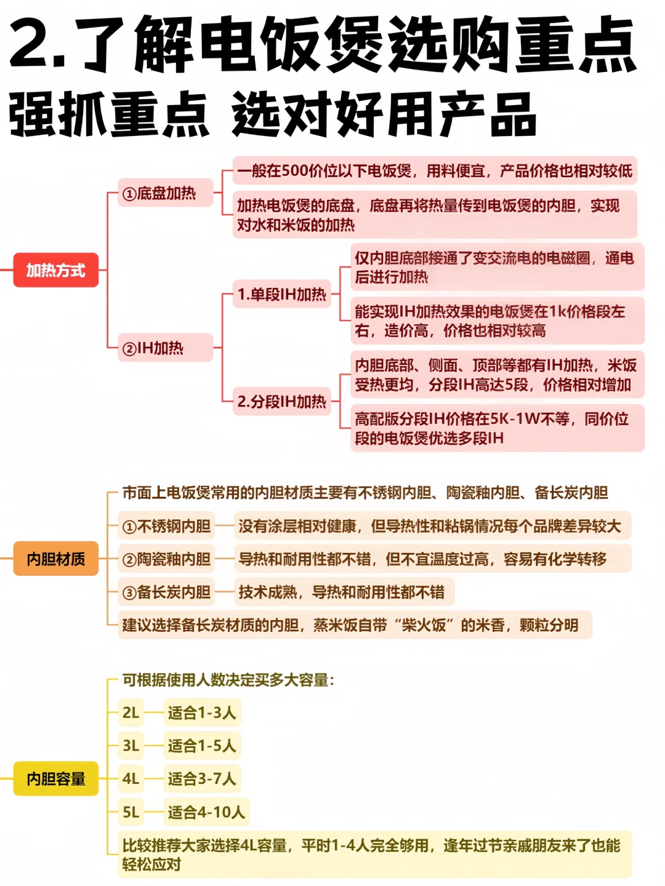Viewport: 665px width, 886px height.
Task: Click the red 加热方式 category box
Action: tap(56, 270)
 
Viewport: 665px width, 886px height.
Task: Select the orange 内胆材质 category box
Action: tap(56, 559)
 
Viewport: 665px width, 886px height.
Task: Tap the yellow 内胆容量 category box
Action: tap(56, 779)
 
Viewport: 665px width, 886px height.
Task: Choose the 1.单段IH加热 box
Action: tap(282, 294)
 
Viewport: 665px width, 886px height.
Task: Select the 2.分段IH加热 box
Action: tap(282, 402)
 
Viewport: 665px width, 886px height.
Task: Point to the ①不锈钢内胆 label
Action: tap(166, 526)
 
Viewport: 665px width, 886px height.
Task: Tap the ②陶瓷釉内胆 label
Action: tap(166, 559)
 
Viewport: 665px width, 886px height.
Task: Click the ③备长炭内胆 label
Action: tap(166, 592)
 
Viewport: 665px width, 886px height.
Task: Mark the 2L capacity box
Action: tap(131, 712)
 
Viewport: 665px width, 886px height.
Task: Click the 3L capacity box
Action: tap(131, 746)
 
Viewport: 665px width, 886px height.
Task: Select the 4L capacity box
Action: tap(131, 779)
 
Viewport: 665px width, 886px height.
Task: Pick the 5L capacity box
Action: tap(131, 812)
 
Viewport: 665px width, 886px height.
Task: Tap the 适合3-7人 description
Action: tap(202, 779)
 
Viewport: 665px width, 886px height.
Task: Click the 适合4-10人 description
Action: tap(206, 812)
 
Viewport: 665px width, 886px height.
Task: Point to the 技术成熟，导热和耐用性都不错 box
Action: tap(344, 592)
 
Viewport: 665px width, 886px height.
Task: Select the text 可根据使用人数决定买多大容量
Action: tap(228, 680)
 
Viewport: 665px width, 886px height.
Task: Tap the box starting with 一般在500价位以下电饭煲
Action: tap(434, 170)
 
